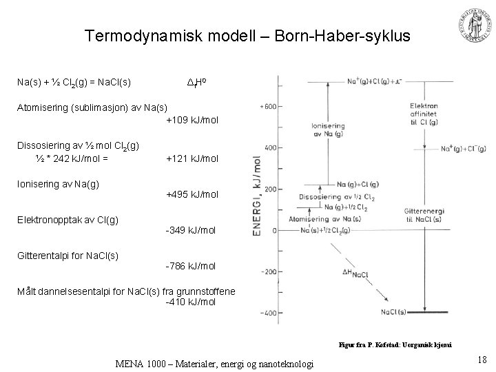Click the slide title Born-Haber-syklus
point(247,36)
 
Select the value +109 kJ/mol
point(192,120)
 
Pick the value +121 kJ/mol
point(192,158)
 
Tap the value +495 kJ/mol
point(192,194)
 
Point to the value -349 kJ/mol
point(191,230)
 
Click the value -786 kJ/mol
point(191,266)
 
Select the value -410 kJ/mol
point(191,302)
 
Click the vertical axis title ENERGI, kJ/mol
point(256,196)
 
